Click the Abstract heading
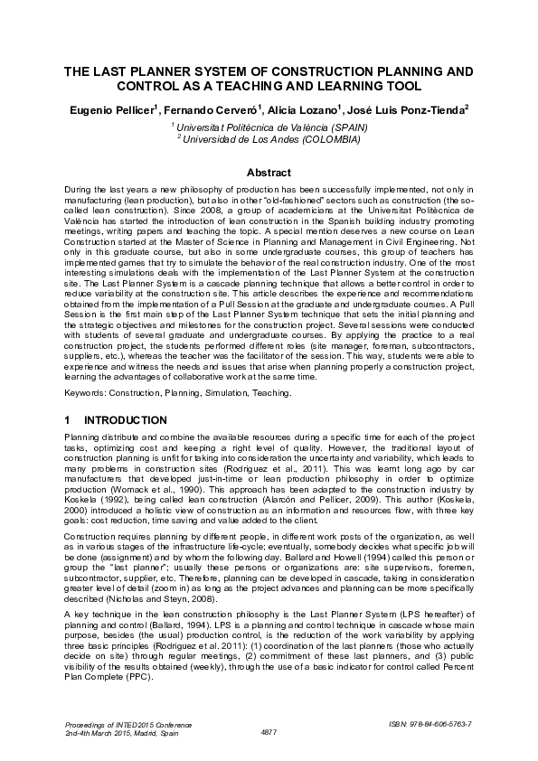(269, 173)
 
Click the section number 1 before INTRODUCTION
(69, 420)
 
